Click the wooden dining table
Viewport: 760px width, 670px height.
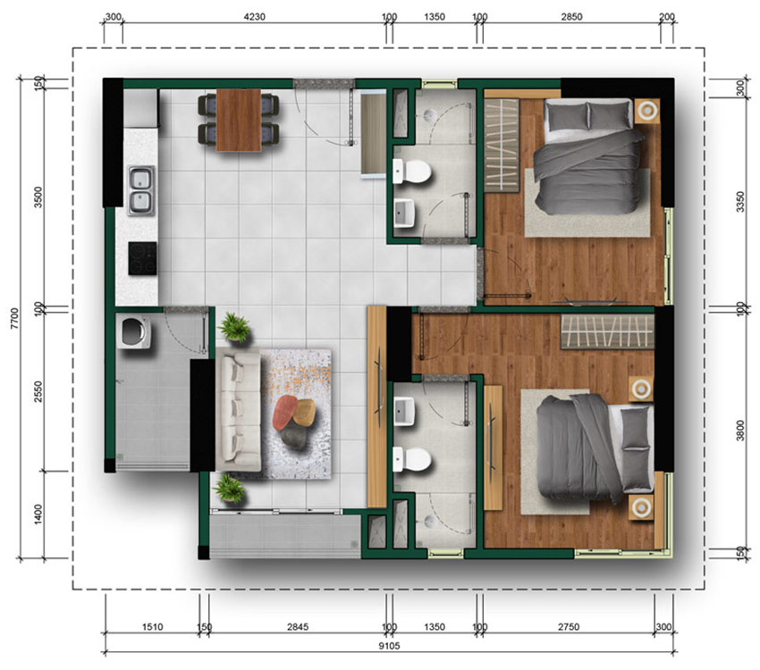click(x=239, y=120)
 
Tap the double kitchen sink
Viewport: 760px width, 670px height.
click(x=141, y=190)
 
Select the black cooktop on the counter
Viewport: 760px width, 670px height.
click(x=142, y=258)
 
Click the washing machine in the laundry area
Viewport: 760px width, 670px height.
click(x=133, y=331)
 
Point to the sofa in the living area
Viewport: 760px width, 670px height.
click(x=239, y=412)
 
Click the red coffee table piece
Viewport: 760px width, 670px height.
click(x=284, y=412)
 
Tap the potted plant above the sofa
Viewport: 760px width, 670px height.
click(x=234, y=327)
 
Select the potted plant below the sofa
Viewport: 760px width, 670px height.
click(x=229, y=488)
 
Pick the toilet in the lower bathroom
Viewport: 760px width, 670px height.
click(x=412, y=459)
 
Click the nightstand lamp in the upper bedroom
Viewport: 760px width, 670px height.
click(x=647, y=111)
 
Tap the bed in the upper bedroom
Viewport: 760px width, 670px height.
click(x=589, y=155)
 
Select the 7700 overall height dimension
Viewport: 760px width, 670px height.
click(x=14, y=318)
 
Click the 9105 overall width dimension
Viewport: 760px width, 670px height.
click(x=389, y=646)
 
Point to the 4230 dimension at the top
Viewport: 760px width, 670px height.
click(x=255, y=17)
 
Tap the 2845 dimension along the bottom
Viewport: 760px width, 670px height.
click(x=298, y=627)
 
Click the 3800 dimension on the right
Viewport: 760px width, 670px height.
click(x=740, y=430)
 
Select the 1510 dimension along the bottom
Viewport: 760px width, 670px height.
click(x=152, y=627)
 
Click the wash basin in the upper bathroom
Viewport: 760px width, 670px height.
click(x=404, y=213)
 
